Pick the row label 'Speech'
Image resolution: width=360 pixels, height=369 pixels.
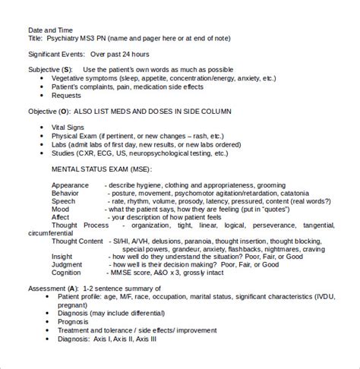pyautogui.click(x=65, y=201)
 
